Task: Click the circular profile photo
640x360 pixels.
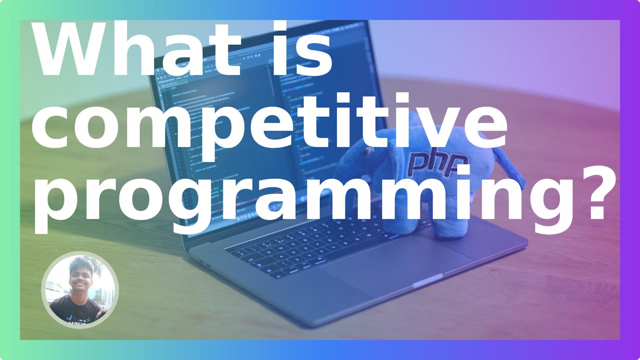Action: (x=79, y=290)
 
